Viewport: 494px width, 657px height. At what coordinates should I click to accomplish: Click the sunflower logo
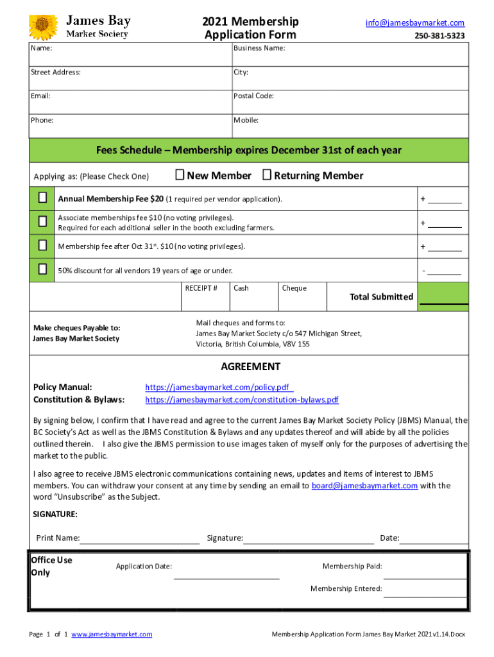[x=44, y=28]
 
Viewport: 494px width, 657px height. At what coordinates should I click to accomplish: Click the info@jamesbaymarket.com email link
[x=415, y=23]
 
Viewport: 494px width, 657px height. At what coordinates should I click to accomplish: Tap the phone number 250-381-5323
[x=440, y=36]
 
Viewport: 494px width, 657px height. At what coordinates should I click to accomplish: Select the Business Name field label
[x=259, y=49]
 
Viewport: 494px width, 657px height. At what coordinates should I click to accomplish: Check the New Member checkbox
[x=180, y=175]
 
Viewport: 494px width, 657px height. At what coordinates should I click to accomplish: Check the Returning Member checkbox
[x=267, y=175]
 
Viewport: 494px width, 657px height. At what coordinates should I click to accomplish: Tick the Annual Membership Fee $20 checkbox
[x=42, y=198]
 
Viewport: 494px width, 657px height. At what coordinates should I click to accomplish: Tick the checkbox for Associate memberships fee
[x=42, y=222]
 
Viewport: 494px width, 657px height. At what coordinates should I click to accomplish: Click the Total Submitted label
[x=381, y=296]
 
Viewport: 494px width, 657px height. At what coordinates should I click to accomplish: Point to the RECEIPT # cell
[x=201, y=289]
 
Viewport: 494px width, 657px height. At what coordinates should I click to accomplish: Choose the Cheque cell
[x=294, y=289]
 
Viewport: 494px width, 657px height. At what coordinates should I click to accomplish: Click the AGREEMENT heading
[x=250, y=367]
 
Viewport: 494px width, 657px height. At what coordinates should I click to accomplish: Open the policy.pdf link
[x=219, y=388]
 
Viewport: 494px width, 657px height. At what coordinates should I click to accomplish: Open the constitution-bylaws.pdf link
[x=242, y=400]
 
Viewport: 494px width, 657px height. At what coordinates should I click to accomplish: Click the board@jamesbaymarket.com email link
[x=364, y=486]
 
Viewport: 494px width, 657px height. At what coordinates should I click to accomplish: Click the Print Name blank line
[x=139, y=538]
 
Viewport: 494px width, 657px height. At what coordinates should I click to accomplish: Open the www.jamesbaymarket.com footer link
[x=112, y=635]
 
